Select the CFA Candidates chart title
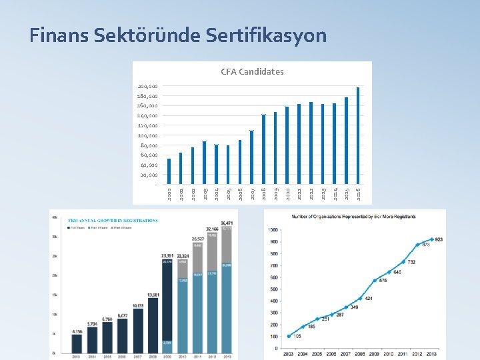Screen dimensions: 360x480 click(252, 71)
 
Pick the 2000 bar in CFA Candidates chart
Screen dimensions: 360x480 click(169, 171)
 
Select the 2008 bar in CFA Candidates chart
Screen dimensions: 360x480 click(264, 148)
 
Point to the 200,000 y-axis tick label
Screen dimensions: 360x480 click(147, 86)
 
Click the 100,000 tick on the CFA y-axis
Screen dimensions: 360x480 click(147, 135)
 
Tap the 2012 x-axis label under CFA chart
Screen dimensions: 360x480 click(311, 193)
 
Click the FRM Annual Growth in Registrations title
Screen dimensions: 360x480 click(113, 220)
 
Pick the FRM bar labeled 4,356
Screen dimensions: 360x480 click(77, 343)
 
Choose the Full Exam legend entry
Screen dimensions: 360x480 click(77, 227)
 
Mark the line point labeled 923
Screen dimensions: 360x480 click(432, 239)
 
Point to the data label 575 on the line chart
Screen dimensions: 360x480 click(375, 280)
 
